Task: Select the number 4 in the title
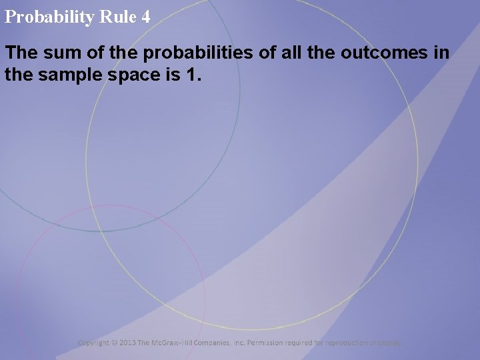146,17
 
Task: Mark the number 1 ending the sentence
194,75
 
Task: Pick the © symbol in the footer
115,343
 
